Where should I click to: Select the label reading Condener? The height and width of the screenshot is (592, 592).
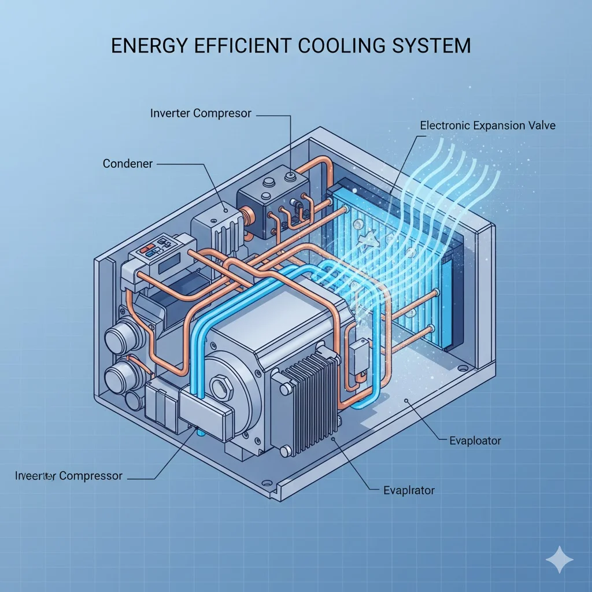coord(128,164)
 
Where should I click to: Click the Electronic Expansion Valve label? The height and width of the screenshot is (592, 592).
coord(487,125)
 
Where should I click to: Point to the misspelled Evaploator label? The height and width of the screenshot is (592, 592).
coord(475,441)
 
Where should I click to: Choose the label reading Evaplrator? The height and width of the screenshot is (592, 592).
coord(409,490)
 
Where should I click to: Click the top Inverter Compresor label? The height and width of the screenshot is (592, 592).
coord(201,113)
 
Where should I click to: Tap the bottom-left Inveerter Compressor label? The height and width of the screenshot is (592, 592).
coord(69,476)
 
